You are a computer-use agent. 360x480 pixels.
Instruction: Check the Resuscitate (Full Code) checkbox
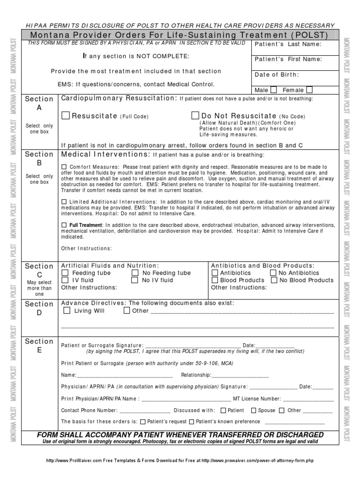coord(66,115)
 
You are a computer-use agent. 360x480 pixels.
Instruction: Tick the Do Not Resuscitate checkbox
coord(195,115)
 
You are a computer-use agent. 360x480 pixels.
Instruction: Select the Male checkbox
coord(274,90)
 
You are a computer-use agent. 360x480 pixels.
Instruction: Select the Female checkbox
coord(309,90)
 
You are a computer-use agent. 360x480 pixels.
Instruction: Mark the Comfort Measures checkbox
coord(64,167)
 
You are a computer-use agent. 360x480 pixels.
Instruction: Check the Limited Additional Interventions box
coord(64,202)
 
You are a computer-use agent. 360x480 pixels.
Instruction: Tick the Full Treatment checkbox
coord(64,225)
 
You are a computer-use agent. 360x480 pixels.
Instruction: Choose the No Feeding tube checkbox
coord(135,273)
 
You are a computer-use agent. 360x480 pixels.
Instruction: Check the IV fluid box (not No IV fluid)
coord(65,280)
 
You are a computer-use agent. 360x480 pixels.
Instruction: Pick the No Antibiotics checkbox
coord(273,273)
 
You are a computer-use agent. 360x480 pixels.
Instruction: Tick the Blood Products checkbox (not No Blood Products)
coord(215,280)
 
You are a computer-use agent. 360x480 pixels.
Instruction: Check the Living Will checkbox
coord(67,310)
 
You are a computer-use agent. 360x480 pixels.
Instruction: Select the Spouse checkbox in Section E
coord(254,411)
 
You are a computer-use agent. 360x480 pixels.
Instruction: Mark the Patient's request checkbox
coord(143,421)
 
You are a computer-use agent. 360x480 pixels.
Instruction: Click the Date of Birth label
coord(277,75)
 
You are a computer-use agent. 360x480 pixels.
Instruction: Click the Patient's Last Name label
coord(288,44)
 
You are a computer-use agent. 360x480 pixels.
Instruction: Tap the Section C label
coord(39,270)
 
